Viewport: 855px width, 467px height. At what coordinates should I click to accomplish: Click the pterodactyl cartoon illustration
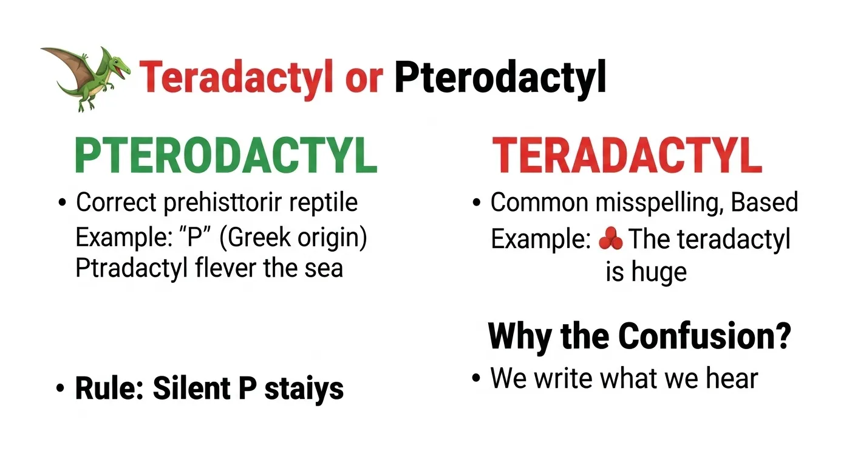[86, 78]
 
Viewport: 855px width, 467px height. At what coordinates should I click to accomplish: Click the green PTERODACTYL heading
[226, 156]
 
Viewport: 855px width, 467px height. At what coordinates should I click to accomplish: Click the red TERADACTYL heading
[627, 156]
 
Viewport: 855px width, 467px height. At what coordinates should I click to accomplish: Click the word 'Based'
[764, 202]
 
